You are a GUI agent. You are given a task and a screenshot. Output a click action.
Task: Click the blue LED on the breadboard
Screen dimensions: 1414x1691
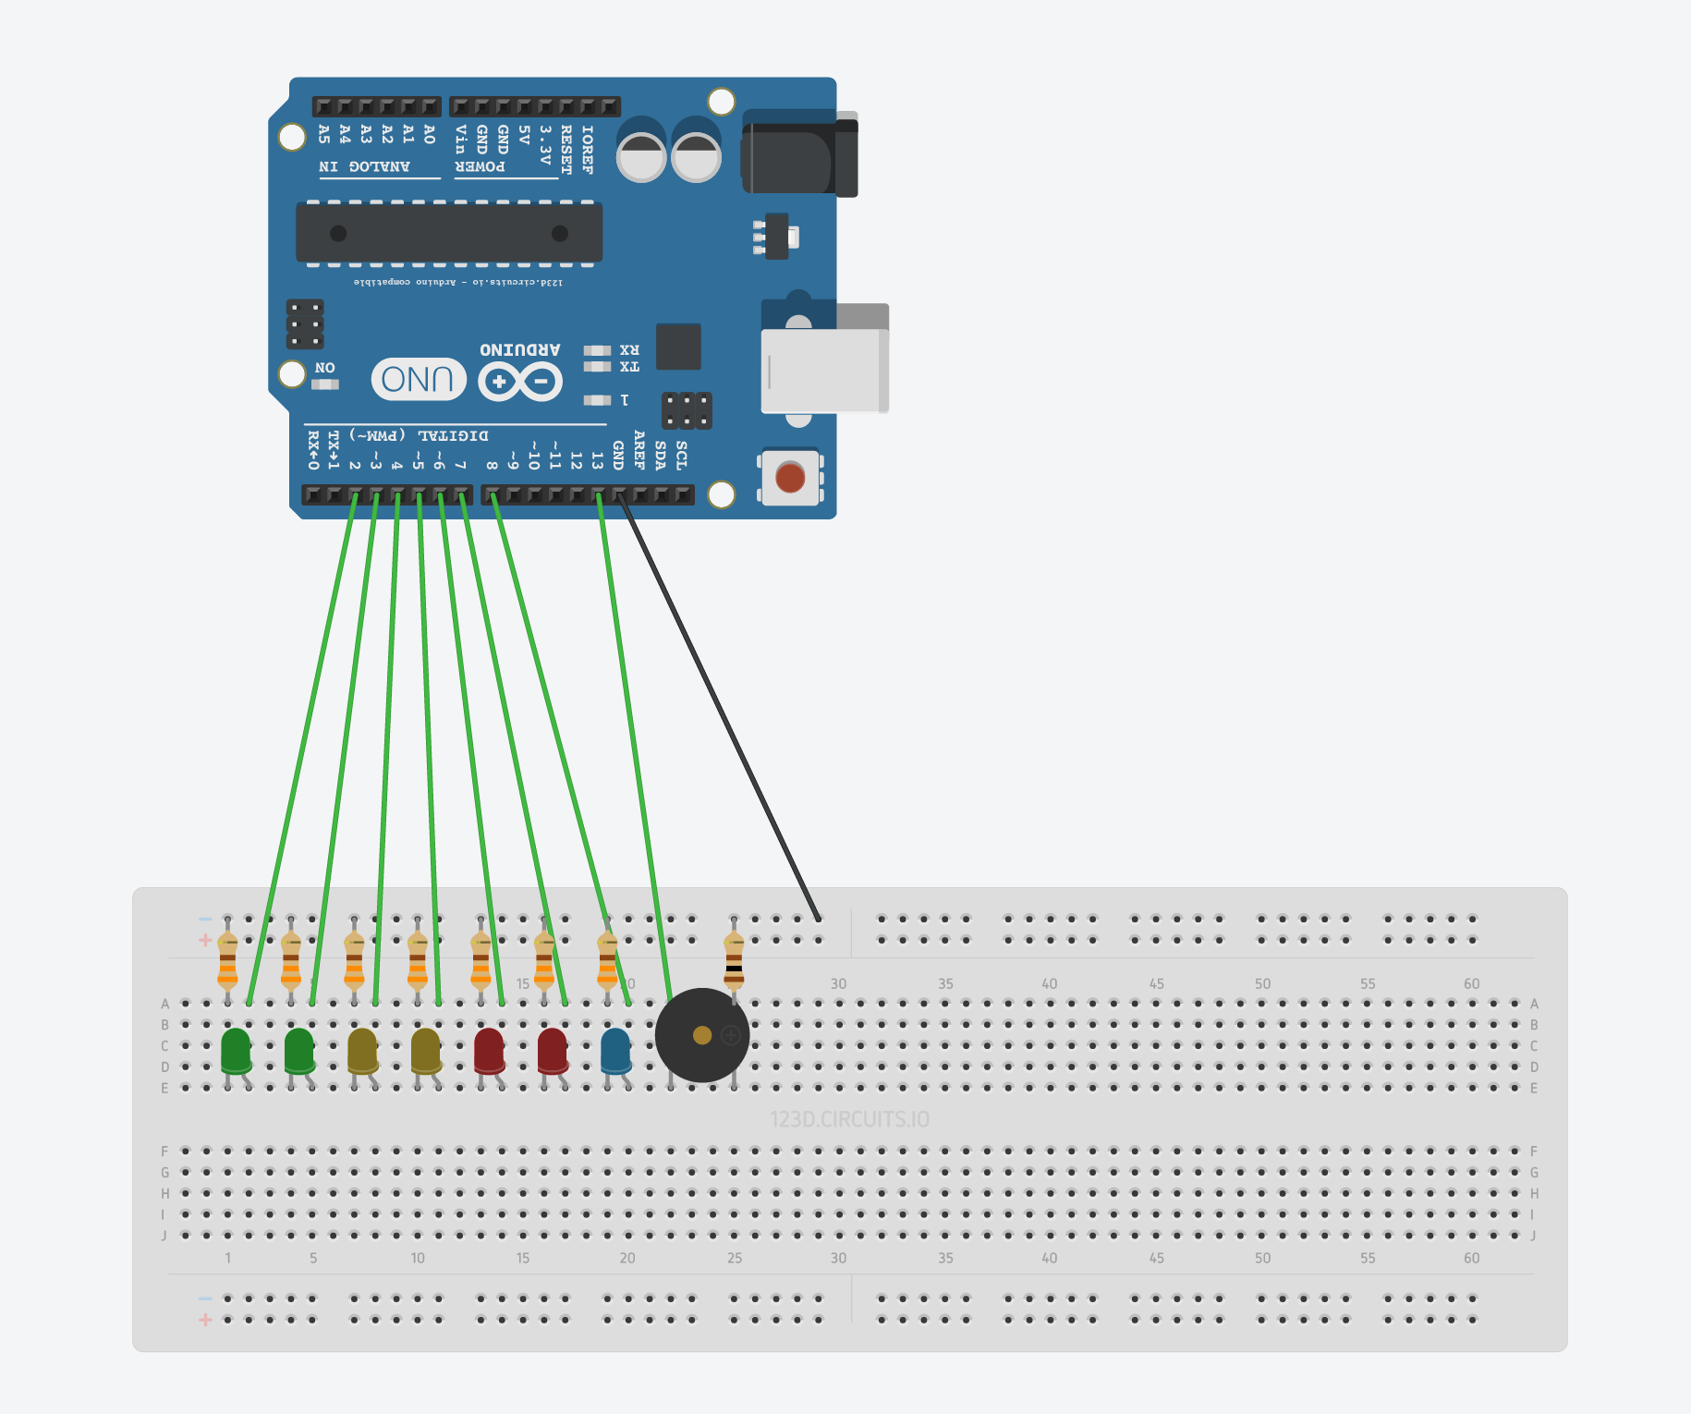615,1051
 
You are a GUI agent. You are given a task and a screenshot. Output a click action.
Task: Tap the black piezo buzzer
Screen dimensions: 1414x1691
701,1035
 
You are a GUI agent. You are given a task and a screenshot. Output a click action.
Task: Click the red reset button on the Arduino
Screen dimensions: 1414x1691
790,478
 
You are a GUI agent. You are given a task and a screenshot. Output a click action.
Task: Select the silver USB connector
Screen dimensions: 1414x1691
822,370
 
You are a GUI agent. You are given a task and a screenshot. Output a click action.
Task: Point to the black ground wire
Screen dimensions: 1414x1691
721,712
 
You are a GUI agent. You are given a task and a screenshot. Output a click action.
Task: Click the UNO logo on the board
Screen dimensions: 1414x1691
418,379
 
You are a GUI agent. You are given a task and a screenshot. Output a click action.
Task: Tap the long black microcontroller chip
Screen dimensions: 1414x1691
449,233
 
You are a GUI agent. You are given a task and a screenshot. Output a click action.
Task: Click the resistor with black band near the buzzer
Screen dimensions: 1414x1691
734,961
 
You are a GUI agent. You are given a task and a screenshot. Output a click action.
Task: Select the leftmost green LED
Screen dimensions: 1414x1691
236,1051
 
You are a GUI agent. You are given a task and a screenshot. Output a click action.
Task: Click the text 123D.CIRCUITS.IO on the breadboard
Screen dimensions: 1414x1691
849,1120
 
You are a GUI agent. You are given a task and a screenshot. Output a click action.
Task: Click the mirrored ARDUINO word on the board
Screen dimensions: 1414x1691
519,349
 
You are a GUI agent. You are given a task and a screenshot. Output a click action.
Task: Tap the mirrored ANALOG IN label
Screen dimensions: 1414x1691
364,166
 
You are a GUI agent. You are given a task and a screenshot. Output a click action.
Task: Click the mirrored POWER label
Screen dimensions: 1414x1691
480,166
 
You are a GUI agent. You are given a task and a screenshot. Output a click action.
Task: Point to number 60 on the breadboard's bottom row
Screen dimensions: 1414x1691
1471,1258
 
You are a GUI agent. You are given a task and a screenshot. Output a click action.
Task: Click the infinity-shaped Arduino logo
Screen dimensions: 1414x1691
520,381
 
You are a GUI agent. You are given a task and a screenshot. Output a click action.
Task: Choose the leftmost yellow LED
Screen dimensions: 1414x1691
362,1051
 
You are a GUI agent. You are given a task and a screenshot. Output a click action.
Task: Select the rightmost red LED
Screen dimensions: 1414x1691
552,1051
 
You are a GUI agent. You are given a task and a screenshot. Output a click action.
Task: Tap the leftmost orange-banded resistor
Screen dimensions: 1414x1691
227,961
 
